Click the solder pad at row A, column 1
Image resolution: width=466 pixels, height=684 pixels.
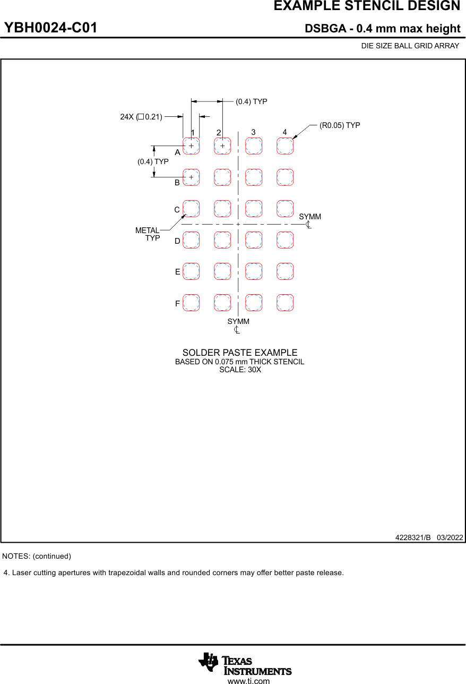(191, 146)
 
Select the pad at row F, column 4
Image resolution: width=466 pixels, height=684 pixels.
(285, 303)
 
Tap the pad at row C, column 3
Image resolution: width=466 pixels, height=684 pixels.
(254, 209)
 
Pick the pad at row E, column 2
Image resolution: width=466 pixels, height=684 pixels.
(222, 271)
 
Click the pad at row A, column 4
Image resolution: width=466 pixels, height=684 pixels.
(285, 146)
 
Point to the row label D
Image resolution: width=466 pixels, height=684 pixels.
(178, 241)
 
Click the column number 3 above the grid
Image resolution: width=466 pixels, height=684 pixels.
(254, 132)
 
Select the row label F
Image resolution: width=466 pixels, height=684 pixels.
(178, 304)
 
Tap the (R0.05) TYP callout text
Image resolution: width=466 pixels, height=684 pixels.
(340, 125)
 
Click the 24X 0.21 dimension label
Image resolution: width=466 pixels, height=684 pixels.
(141, 117)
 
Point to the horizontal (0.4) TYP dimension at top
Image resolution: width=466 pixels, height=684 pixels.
(252, 101)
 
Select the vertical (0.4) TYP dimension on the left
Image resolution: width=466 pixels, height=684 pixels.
(153, 161)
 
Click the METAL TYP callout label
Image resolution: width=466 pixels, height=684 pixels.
(148, 234)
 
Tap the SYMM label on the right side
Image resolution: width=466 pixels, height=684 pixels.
(310, 217)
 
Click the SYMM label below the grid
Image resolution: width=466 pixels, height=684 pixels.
(238, 322)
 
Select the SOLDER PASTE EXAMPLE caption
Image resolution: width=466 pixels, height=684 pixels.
(240, 353)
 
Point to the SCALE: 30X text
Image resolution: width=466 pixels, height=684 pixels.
(240, 370)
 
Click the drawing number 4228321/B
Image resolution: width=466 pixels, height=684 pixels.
(413, 537)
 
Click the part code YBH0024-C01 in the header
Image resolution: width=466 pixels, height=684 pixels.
(51, 28)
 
